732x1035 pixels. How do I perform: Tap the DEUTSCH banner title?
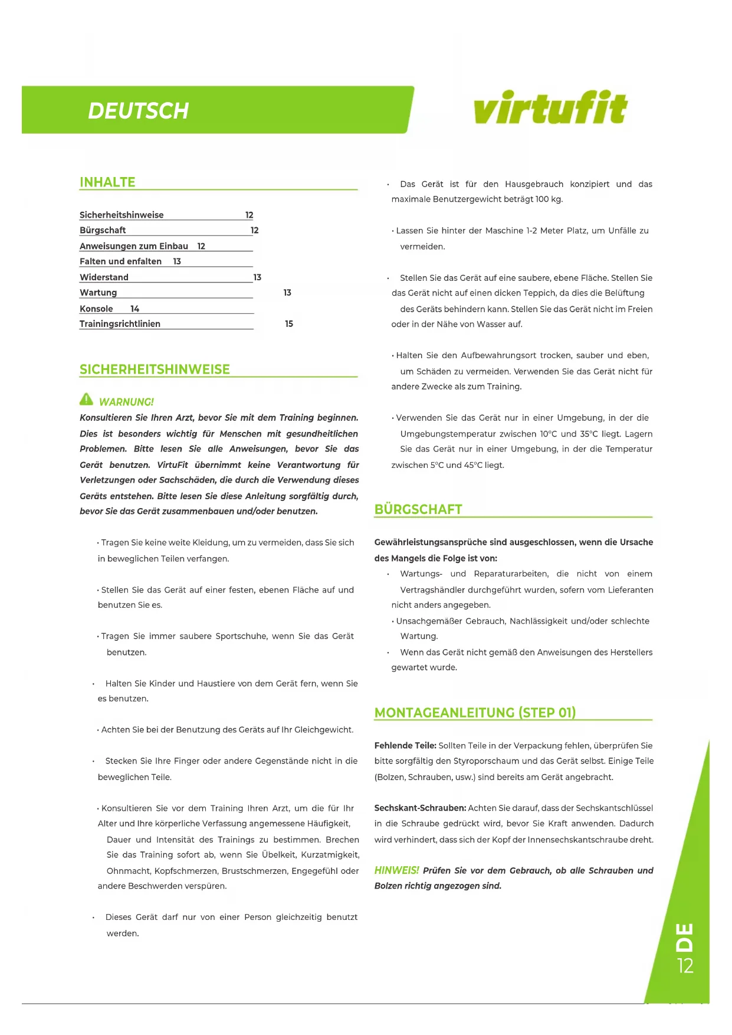(x=138, y=111)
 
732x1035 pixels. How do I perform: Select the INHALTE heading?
(x=107, y=182)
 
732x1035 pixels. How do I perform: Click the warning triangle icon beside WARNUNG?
(x=86, y=399)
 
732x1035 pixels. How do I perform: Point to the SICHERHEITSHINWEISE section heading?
(x=155, y=369)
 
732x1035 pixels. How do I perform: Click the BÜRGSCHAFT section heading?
(x=418, y=509)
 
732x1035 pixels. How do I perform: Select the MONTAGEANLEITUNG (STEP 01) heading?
(x=475, y=713)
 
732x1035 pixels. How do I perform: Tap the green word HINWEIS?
(x=396, y=870)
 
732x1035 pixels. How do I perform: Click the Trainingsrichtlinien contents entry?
(x=120, y=324)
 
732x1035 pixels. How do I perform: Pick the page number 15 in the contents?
(x=289, y=324)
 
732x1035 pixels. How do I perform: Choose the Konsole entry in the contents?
(x=96, y=309)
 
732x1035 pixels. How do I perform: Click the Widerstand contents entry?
(x=104, y=277)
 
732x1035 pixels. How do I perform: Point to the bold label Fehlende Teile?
(x=405, y=746)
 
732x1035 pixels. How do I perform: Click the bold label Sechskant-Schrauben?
(x=420, y=808)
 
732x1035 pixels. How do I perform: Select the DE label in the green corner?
(x=684, y=938)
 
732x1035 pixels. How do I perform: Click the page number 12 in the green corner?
(x=685, y=966)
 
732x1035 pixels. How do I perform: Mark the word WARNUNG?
(x=126, y=402)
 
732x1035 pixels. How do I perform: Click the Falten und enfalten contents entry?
(x=120, y=261)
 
